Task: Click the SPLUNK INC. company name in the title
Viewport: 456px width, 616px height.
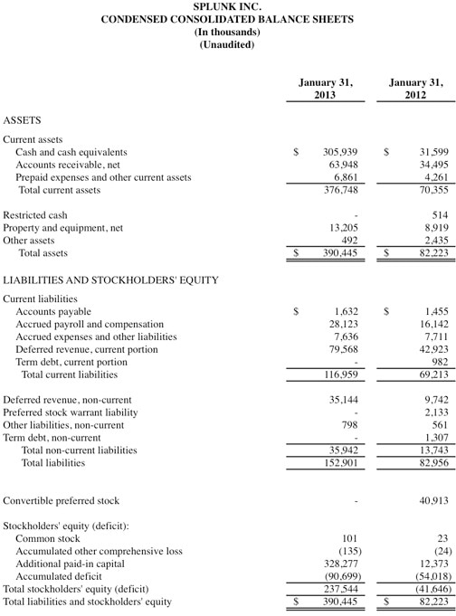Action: point(227,6)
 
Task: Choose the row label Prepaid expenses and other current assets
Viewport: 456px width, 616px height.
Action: point(103,178)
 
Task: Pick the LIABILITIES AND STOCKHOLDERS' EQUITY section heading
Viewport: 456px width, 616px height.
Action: point(110,280)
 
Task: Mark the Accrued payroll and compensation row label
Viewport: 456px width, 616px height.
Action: point(90,324)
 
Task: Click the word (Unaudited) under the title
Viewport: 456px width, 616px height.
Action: point(227,44)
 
